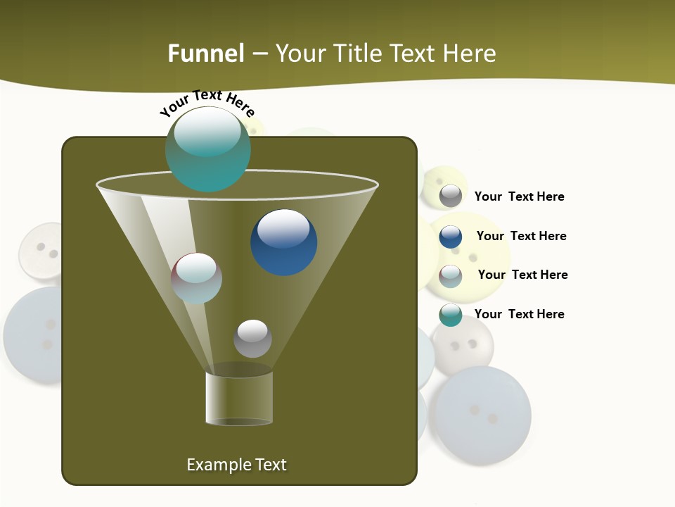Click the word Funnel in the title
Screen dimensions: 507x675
(206, 54)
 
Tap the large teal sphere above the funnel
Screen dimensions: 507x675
(208, 149)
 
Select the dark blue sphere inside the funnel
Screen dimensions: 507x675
(284, 242)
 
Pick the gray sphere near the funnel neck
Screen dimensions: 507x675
(252, 339)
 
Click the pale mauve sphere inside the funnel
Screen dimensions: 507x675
(197, 278)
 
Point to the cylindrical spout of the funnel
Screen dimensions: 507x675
(239, 399)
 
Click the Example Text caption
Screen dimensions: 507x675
(237, 465)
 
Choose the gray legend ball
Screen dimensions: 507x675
(451, 196)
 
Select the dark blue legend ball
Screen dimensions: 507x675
(451, 237)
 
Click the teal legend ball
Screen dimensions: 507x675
(451, 315)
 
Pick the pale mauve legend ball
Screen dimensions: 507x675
(451, 276)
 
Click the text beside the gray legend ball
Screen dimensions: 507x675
(520, 196)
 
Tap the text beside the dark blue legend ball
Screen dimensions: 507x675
(522, 236)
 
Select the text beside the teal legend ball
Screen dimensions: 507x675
(520, 314)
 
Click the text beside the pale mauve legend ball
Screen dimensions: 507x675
(523, 275)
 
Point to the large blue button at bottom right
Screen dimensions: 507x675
(482, 415)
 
